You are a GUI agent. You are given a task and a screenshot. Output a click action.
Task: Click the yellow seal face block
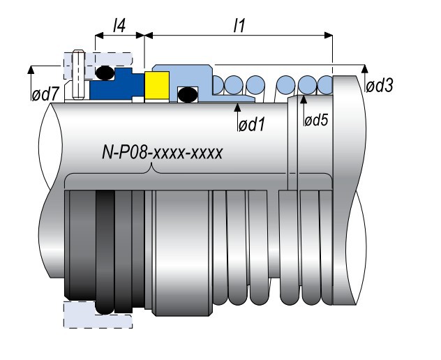pyautogui.click(x=155, y=86)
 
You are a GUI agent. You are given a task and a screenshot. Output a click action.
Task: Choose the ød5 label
pyautogui.click(x=315, y=120)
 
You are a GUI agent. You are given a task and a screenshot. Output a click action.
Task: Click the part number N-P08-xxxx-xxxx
pyautogui.click(x=163, y=153)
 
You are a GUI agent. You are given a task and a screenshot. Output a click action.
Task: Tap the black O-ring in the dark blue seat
pyautogui.click(x=105, y=72)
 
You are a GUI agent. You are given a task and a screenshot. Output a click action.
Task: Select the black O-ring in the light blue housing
pyautogui.click(x=186, y=93)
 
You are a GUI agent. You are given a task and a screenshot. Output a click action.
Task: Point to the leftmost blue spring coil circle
pyautogui.click(x=216, y=85)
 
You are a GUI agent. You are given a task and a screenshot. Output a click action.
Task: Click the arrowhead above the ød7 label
pyautogui.click(x=31, y=68)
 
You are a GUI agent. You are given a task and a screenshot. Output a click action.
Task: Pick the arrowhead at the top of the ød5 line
pyautogui.click(x=302, y=98)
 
